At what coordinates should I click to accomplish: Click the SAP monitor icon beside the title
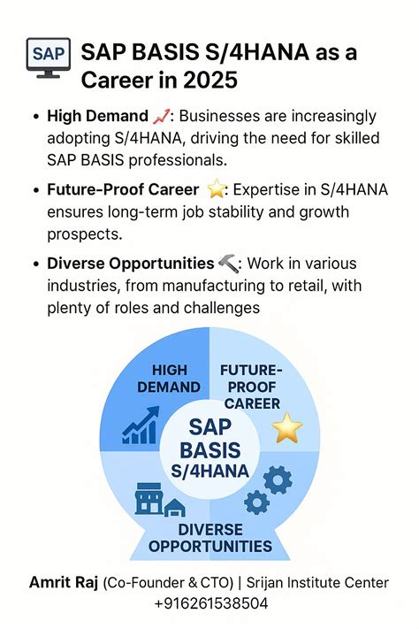point(42,56)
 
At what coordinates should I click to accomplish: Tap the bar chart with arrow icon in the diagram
point(141,426)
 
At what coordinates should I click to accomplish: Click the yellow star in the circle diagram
point(286,429)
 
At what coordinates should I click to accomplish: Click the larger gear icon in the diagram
point(278,480)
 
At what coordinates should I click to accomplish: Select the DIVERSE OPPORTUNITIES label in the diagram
point(210,537)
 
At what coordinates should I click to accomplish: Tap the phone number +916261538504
point(209,602)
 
